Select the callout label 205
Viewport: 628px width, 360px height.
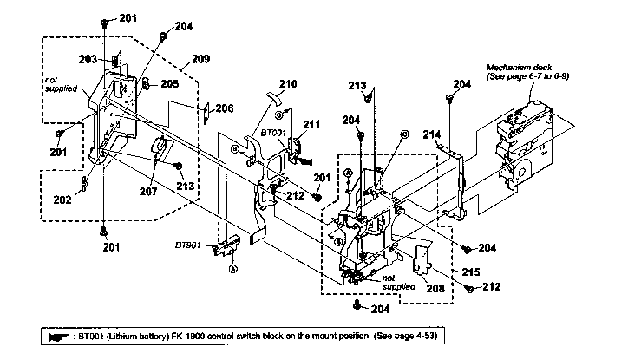(169, 84)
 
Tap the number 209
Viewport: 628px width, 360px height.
(200, 59)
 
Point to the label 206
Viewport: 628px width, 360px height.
(224, 108)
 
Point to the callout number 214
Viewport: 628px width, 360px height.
(432, 134)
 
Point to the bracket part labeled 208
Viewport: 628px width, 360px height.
(423, 260)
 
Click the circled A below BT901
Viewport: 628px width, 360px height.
(232, 269)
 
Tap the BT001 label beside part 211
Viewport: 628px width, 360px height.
(274, 134)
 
